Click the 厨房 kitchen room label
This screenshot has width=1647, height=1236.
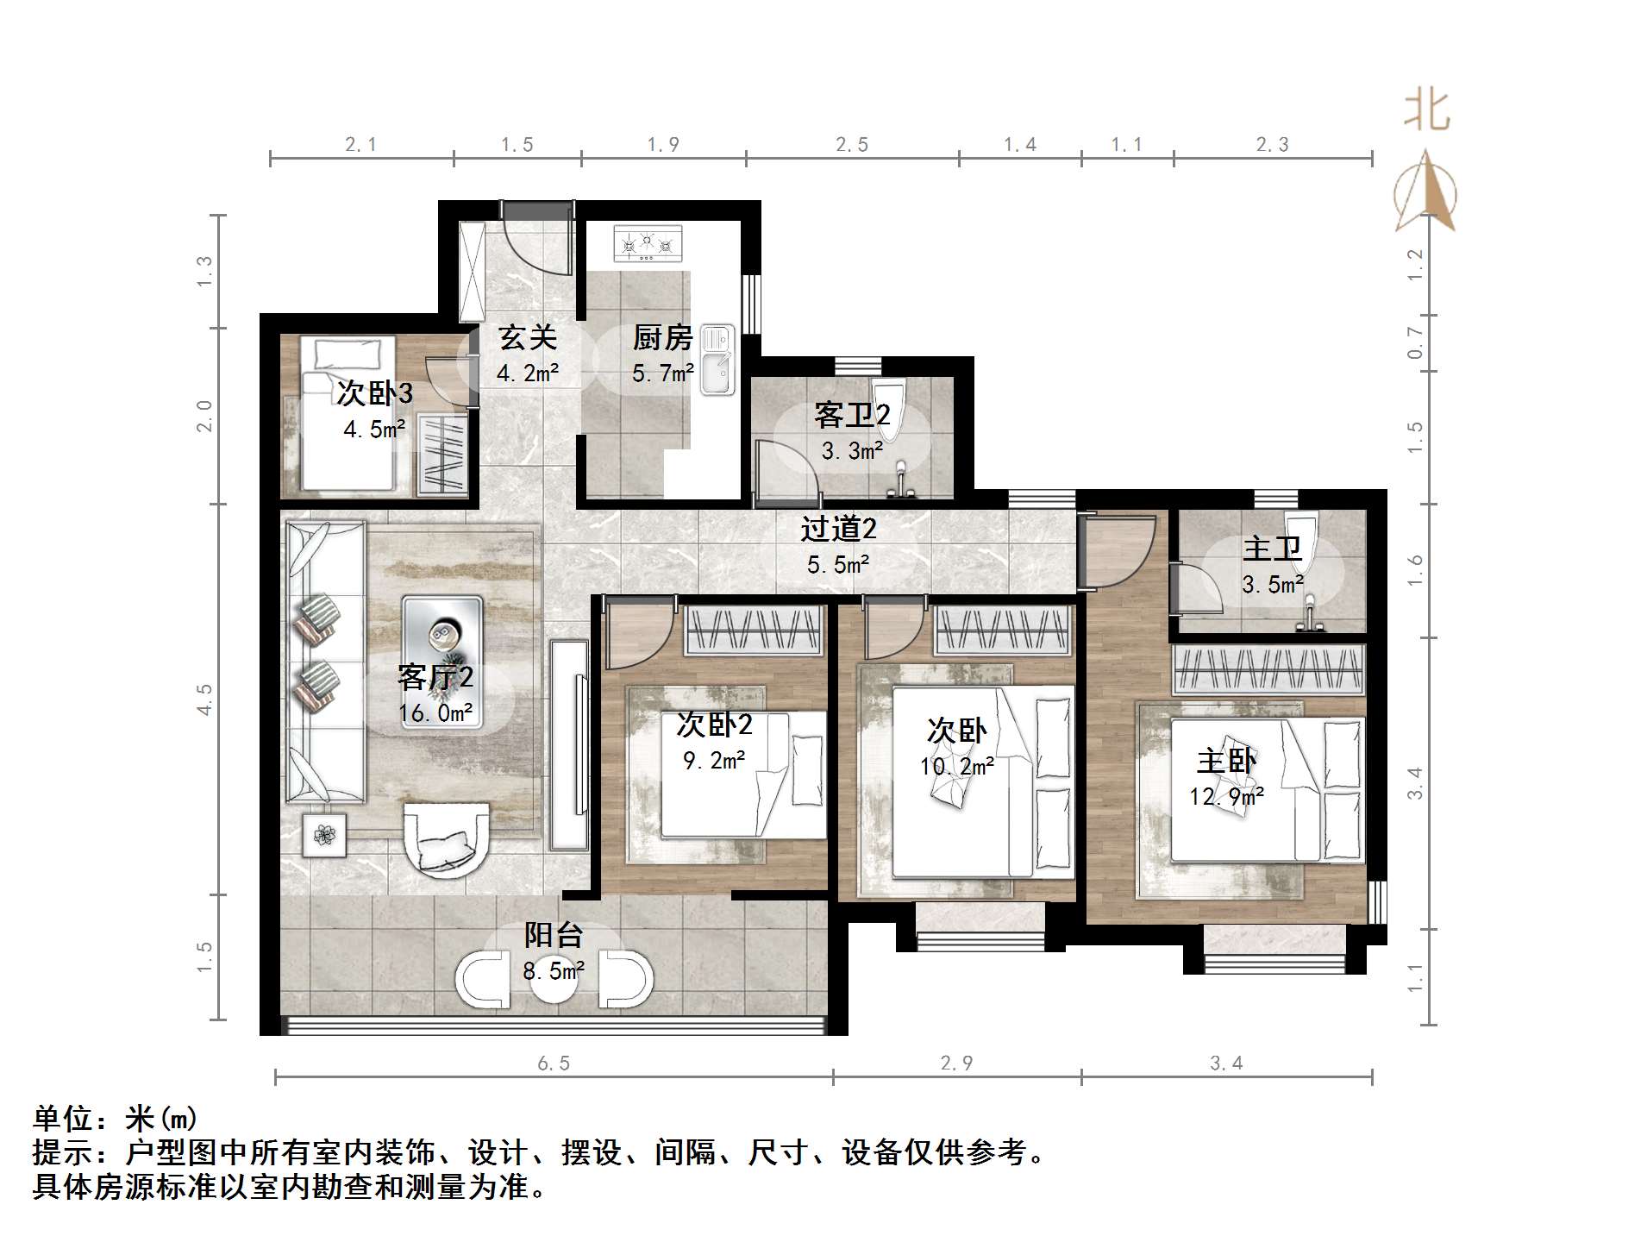coord(662,338)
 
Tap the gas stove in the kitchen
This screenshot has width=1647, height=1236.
coord(648,243)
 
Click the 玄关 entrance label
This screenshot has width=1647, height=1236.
coord(527,338)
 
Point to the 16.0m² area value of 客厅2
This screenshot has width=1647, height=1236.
coord(435,713)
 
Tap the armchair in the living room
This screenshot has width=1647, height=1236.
coord(446,839)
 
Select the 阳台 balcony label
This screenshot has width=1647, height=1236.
coord(554,936)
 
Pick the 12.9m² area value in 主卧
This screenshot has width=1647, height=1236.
coord(1226,797)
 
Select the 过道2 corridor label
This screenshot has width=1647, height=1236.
coord(838,529)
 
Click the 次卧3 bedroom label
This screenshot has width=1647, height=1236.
coord(374,394)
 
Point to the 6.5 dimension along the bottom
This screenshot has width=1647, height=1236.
coord(554,1063)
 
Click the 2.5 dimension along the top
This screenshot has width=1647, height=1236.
coord(852,145)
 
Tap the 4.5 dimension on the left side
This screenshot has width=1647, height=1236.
coord(204,700)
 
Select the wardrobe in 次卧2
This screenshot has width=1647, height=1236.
coord(753,628)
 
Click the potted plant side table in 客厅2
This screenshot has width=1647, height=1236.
coord(325,835)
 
